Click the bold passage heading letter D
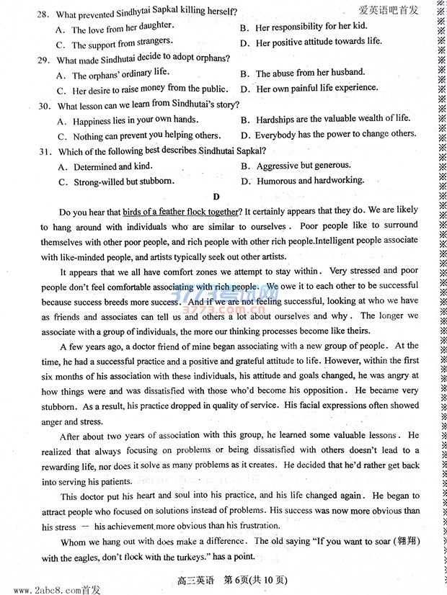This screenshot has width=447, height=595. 216,196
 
